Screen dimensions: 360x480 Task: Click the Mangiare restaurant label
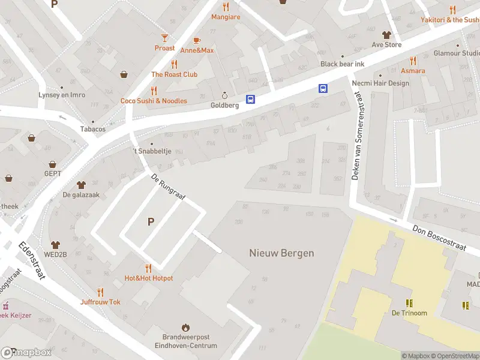[x=226, y=17]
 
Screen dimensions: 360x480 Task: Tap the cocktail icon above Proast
[x=164, y=38]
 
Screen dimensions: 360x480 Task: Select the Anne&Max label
[x=197, y=50]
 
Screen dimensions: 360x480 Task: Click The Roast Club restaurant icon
[x=174, y=64]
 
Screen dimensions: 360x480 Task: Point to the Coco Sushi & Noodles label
[x=154, y=101]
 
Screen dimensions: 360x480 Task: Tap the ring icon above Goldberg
[x=225, y=95]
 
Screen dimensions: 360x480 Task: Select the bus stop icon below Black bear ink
[x=323, y=88]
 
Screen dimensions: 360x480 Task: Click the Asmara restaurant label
[x=413, y=71]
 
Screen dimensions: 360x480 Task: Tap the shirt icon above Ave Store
[x=386, y=34]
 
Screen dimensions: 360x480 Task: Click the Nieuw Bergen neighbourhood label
[x=281, y=253]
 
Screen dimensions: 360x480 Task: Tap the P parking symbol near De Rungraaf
[x=151, y=222]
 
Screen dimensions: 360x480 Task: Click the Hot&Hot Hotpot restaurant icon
[x=148, y=268]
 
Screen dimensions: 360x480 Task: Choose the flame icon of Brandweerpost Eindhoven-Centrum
[x=185, y=327]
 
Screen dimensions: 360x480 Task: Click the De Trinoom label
[x=410, y=313]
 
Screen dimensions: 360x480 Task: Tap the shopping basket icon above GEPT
[x=53, y=164]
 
